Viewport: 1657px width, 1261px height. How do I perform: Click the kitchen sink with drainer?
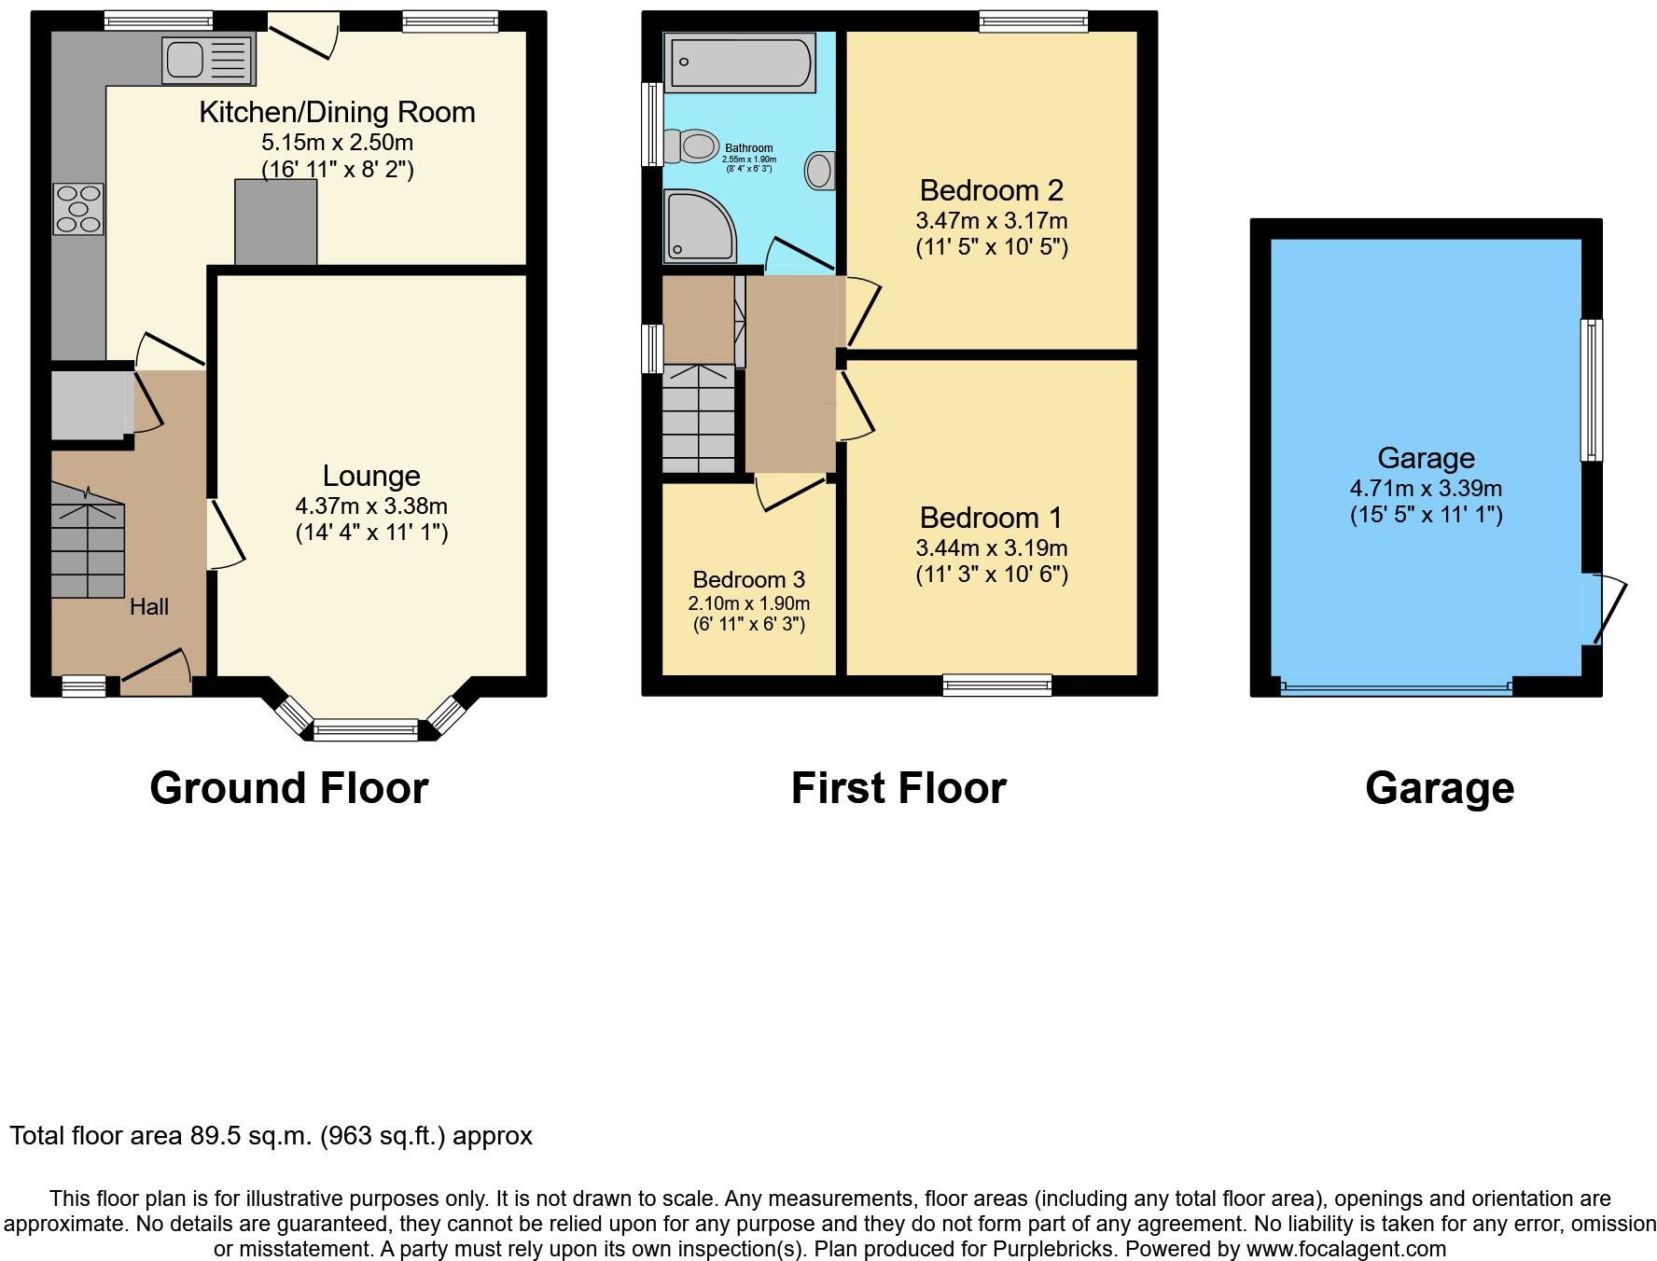(207, 60)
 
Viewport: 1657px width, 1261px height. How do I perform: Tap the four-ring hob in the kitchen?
(78, 209)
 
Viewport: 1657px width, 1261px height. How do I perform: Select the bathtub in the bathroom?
(740, 62)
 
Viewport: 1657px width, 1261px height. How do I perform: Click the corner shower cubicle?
(697, 227)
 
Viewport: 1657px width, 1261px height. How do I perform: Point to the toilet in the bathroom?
(689, 145)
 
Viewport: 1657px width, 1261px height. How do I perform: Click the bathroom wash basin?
(819, 172)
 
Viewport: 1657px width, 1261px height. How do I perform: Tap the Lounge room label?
(371, 476)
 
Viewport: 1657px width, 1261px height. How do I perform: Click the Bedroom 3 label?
(748, 579)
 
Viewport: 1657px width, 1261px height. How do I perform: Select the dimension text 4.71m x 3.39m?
(1426, 488)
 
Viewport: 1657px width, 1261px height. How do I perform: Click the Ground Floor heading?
(288, 788)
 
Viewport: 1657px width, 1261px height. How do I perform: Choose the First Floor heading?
(898, 788)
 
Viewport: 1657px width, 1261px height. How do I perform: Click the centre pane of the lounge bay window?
(366, 729)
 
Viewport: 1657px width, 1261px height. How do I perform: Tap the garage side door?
(1608, 609)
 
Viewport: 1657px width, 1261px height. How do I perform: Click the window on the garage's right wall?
(1591, 390)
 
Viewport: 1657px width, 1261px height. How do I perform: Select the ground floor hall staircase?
(87, 547)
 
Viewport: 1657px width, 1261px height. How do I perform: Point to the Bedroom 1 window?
(996, 686)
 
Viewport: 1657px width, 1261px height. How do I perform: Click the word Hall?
(149, 607)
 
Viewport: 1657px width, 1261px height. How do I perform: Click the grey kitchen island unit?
(275, 222)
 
